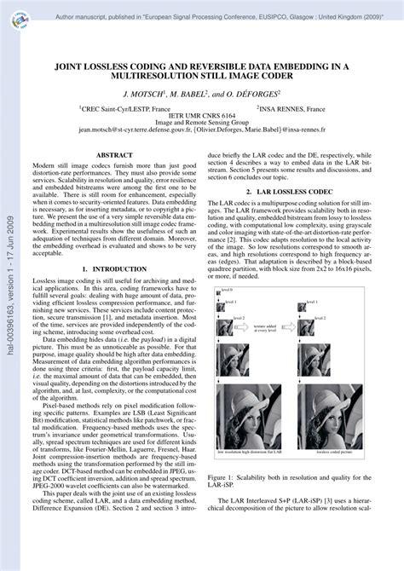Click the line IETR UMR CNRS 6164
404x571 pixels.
tap(203, 116)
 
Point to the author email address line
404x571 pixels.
tap(202, 132)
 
